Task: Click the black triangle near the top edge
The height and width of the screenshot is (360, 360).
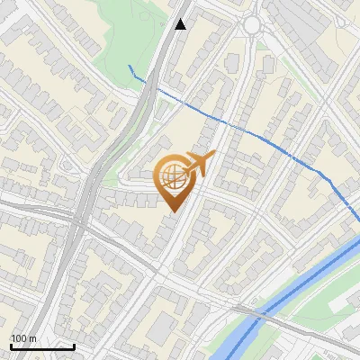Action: tap(181, 24)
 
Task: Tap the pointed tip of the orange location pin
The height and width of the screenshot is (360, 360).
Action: tap(172, 211)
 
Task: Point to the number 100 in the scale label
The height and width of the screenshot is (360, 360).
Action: tap(19, 338)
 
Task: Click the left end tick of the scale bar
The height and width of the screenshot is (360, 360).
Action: tap(11, 346)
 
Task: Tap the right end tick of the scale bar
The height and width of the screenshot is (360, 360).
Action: tap(74, 346)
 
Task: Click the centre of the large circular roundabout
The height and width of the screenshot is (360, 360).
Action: tap(253, 24)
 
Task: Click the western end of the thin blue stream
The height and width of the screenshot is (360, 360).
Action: tap(130, 66)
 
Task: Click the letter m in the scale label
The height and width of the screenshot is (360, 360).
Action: tap(33, 338)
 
